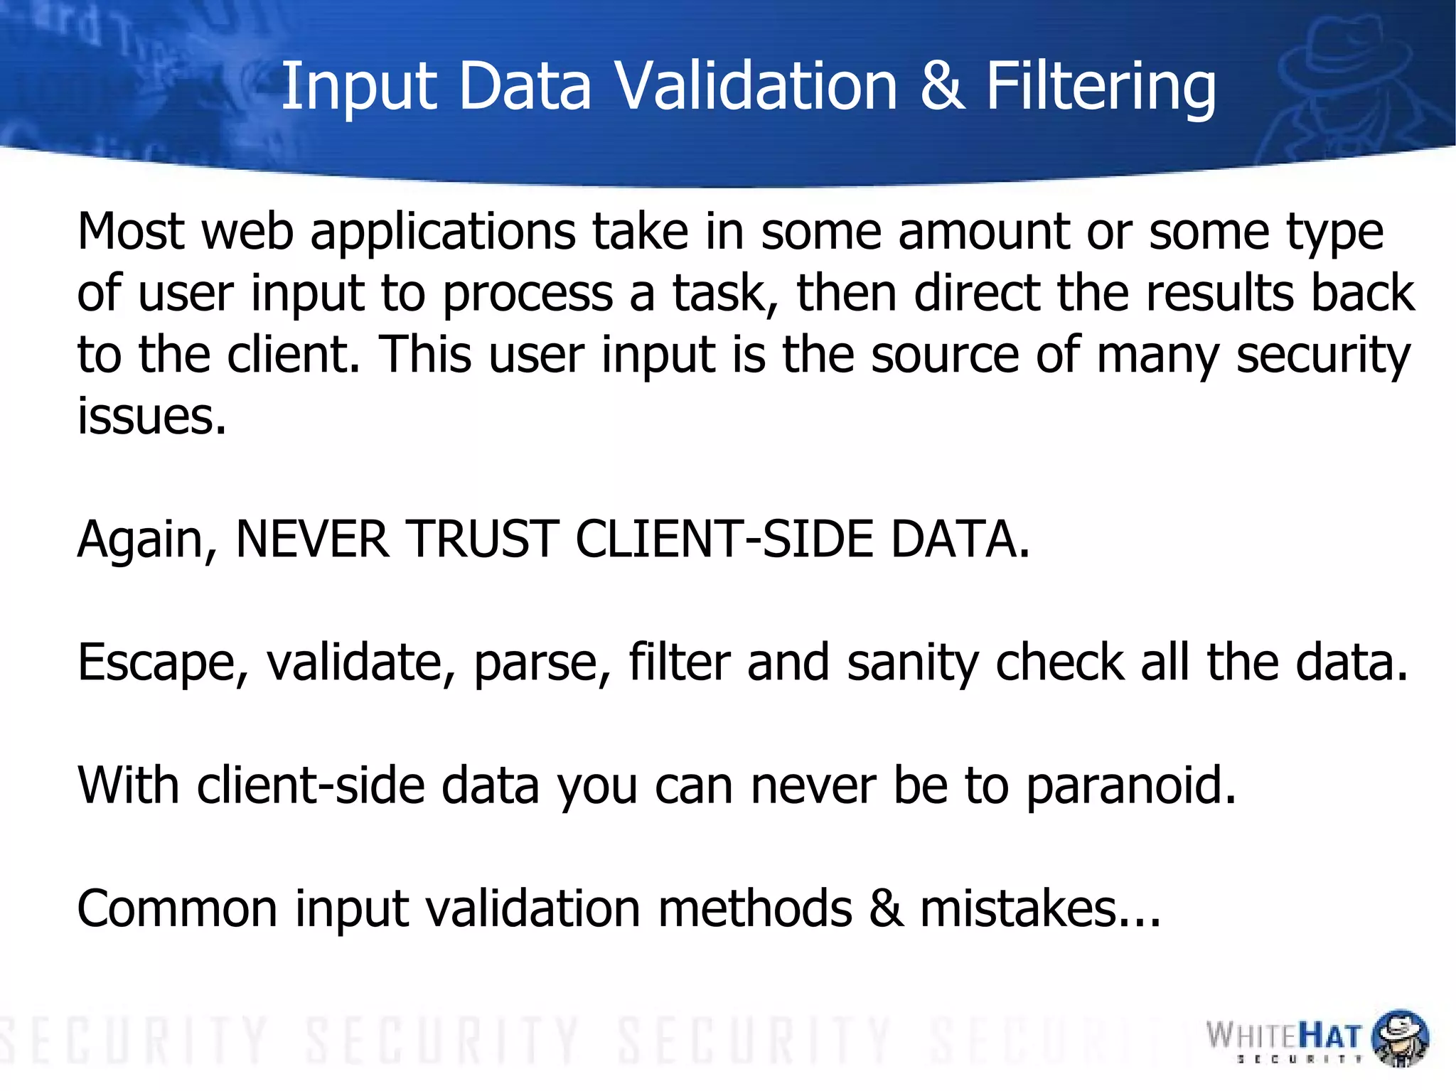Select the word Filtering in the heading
pyautogui.click(x=1101, y=87)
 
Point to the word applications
pyautogui.click(x=442, y=233)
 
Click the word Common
pyautogui.click(x=176, y=909)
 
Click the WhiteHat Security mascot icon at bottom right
pyautogui.click(x=1399, y=1038)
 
